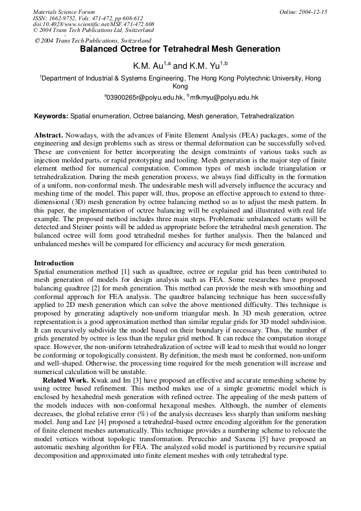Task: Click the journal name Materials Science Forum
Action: click(64, 12)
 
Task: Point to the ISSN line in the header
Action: click(88, 18)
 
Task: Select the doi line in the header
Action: click(94, 24)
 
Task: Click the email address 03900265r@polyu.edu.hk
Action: click(144, 98)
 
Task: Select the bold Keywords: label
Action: click(51, 116)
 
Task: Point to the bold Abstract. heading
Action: click(49, 136)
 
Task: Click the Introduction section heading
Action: click(54, 263)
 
